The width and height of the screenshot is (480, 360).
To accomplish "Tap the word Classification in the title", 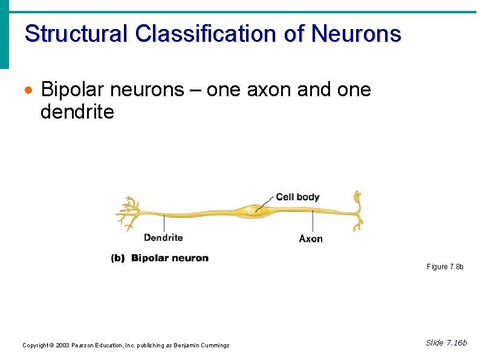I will pyautogui.click(x=206, y=33).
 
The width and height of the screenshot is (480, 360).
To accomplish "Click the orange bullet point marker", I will pyautogui.click(x=27, y=91).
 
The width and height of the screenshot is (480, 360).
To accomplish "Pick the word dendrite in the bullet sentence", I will pyautogui.click(x=77, y=112).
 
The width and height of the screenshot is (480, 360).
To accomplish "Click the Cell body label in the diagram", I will pyautogui.click(x=297, y=197).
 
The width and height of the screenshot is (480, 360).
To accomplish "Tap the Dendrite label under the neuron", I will pyautogui.click(x=163, y=238).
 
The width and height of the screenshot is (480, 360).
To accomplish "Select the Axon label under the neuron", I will pyautogui.click(x=311, y=238).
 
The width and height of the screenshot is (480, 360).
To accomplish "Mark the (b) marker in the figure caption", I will pyautogui.click(x=118, y=258).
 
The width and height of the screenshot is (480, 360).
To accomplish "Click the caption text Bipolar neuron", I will pyautogui.click(x=170, y=258).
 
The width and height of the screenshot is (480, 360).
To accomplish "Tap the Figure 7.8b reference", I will pyautogui.click(x=445, y=267).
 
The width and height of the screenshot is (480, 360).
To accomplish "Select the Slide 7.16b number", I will pyautogui.click(x=446, y=343).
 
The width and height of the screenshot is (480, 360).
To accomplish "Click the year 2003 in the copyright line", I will pyautogui.click(x=63, y=345).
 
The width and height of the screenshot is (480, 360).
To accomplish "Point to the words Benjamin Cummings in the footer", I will pyautogui.click(x=201, y=345).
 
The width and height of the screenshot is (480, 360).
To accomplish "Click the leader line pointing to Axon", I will pyautogui.click(x=312, y=223).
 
